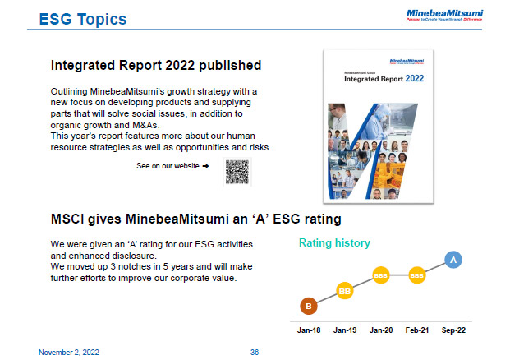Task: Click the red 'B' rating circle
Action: [309, 307]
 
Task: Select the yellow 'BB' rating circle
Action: [345, 290]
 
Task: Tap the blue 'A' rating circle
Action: [453, 260]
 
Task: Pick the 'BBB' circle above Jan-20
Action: [381, 275]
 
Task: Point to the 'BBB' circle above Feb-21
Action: [416, 275]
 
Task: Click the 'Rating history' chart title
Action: [334, 242]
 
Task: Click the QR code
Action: [237, 172]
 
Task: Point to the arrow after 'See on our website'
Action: [205, 166]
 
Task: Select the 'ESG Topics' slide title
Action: [83, 18]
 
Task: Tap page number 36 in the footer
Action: [255, 352]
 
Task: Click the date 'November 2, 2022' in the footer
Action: [70, 352]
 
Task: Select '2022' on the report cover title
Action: [415, 78]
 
